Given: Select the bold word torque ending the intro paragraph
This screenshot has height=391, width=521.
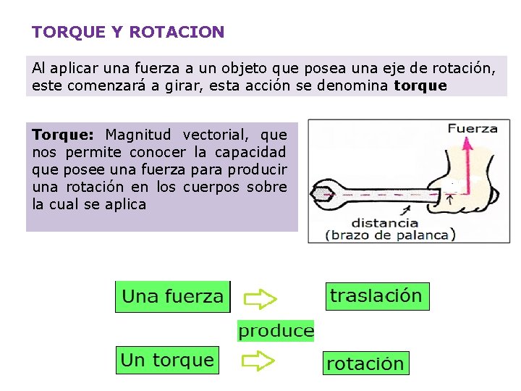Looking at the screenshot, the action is coord(420,85).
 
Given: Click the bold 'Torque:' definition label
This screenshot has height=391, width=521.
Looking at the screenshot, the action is coord(63,135).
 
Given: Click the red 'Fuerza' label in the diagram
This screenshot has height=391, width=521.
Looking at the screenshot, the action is coord(473,129).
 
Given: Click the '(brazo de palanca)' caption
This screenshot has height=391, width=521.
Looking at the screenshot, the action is coord(390,234).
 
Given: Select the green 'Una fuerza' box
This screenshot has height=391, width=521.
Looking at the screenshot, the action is coord(173,296).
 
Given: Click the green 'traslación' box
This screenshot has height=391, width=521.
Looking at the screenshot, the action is coord(376,295).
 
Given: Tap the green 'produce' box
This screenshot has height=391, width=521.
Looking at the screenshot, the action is coord(276,332).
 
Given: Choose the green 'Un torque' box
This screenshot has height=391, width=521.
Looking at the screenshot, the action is coord(168,360).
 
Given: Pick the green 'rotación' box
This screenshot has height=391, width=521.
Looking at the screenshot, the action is coord(365,363).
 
